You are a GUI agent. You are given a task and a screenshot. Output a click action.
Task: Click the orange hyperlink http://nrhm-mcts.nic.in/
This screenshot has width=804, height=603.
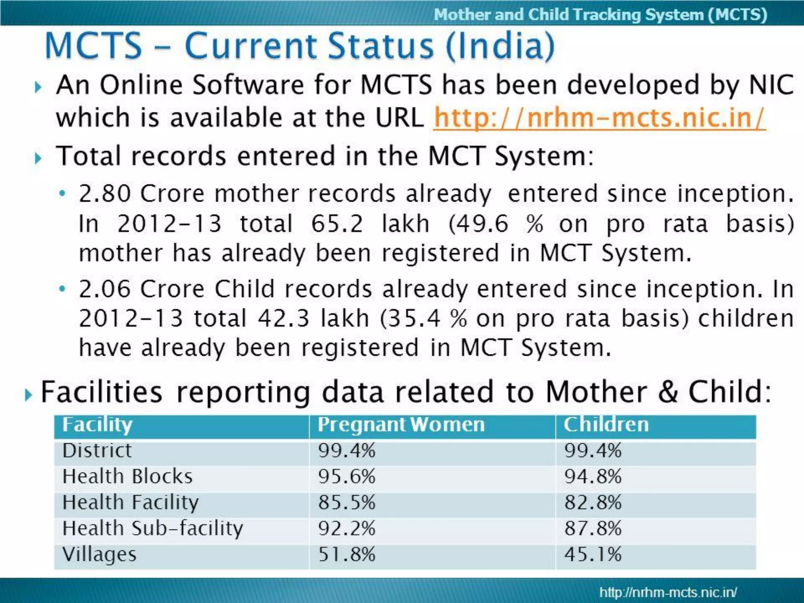pyautogui.click(x=599, y=117)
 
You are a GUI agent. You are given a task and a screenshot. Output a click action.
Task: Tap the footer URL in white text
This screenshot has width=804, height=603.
pyautogui.click(x=668, y=592)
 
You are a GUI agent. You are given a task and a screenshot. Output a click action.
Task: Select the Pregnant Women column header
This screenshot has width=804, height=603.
pyautogui.click(x=401, y=425)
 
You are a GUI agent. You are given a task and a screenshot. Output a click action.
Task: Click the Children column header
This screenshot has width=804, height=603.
pyautogui.click(x=606, y=425)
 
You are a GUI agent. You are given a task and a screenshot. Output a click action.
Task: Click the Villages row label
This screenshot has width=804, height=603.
pyautogui.click(x=99, y=554)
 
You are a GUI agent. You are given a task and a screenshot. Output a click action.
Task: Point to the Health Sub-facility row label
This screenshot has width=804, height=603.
pyautogui.click(x=153, y=528)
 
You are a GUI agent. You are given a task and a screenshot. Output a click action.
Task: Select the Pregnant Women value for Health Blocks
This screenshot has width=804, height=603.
pyautogui.click(x=347, y=476)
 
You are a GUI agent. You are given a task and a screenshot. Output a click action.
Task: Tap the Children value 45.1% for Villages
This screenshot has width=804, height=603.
pyautogui.click(x=593, y=554)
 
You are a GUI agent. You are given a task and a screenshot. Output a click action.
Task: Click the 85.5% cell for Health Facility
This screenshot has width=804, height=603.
pyautogui.click(x=347, y=502)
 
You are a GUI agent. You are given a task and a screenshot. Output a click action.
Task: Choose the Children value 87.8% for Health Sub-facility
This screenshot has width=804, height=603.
pyautogui.click(x=593, y=528)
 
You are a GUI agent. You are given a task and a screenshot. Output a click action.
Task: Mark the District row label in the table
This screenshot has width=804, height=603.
pyautogui.click(x=97, y=450)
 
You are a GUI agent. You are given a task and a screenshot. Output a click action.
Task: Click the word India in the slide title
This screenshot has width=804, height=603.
pyautogui.click(x=500, y=46)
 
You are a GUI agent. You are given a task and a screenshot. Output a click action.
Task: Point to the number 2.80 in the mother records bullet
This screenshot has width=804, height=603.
pyautogui.click(x=105, y=194)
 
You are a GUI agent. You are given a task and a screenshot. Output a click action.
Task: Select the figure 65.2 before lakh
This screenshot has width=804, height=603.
pyautogui.click(x=337, y=224)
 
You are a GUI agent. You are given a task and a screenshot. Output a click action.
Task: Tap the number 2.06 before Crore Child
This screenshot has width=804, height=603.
pyautogui.click(x=105, y=289)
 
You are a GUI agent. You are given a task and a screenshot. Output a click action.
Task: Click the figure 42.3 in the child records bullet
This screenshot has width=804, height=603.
pyautogui.click(x=283, y=318)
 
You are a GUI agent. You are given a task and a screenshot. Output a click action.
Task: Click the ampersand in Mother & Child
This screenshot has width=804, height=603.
pyautogui.click(x=668, y=392)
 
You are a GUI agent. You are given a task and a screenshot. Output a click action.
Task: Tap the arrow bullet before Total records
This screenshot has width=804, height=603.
pyautogui.click(x=38, y=158)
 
